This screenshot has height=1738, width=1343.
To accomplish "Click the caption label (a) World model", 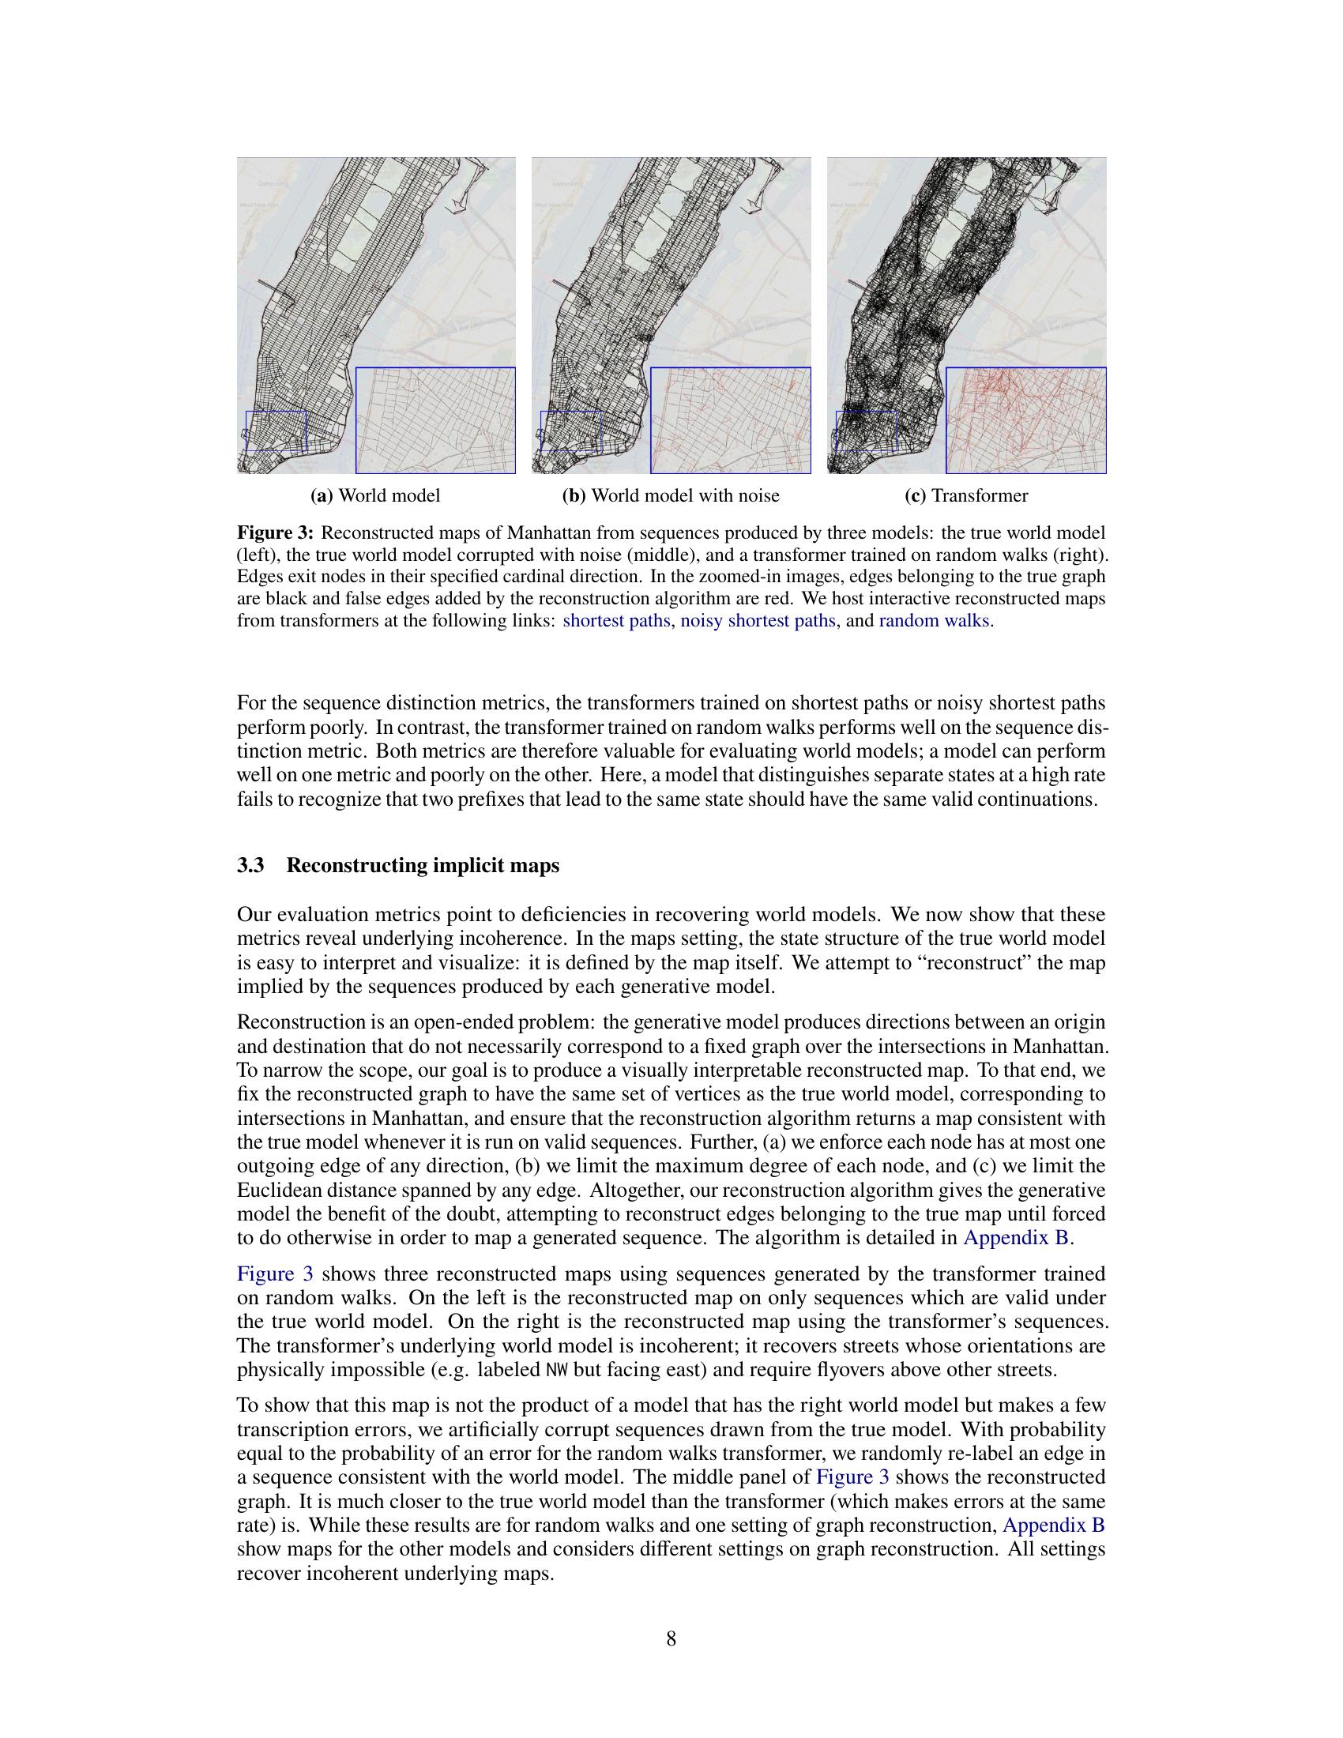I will (374, 496).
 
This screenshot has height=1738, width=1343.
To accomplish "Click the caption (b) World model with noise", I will (671, 496).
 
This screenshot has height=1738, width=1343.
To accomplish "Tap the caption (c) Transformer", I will (966, 496).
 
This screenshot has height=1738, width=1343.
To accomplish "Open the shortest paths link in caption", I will (616, 620).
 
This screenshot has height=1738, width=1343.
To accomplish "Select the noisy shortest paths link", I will (758, 620).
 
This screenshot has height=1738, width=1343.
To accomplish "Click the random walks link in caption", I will (933, 620).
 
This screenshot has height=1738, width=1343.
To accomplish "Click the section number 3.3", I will (250, 866).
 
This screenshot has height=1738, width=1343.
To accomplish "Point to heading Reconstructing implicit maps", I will (423, 866).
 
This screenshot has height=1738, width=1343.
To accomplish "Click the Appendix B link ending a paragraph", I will (1017, 1237).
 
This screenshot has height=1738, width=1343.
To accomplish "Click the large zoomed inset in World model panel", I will (435, 420).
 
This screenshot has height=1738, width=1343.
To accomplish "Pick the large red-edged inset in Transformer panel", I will (1025, 420).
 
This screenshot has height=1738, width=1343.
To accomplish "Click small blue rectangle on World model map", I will (275, 431).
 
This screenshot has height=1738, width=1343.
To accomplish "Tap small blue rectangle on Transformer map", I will (866, 431).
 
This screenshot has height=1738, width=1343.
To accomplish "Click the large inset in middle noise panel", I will (731, 420).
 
